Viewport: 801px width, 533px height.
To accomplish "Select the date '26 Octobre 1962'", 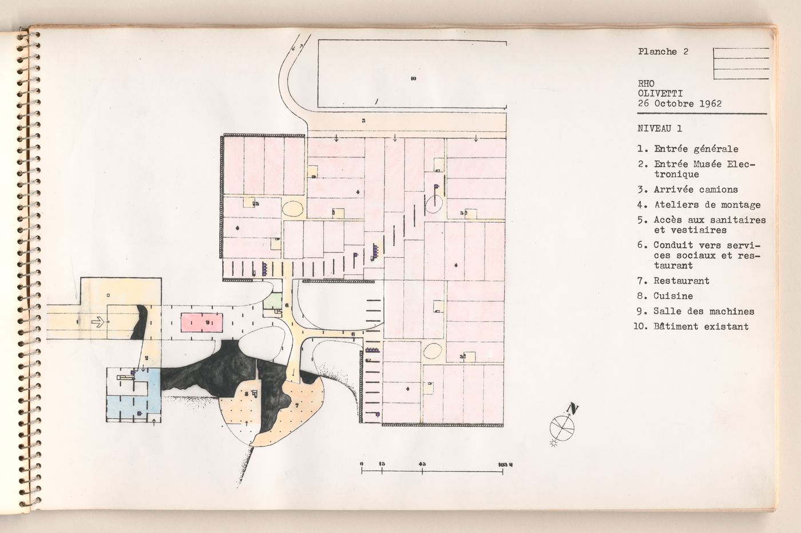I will [679, 104].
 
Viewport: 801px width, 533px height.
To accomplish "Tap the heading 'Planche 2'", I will [663, 52].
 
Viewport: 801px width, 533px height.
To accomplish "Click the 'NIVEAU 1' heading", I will [659, 129].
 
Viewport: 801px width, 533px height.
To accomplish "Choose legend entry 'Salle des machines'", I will [704, 311].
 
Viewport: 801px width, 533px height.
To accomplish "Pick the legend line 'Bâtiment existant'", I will [701, 326].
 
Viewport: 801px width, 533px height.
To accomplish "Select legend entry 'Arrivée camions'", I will [696, 189].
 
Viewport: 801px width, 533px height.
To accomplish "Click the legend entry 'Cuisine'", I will [673, 296].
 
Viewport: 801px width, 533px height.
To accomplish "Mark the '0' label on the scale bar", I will [362, 463].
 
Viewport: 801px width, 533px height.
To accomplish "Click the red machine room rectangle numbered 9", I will [202, 322].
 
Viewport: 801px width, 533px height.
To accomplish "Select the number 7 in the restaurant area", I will [297, 405].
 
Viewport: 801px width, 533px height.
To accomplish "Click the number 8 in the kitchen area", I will [246, 393].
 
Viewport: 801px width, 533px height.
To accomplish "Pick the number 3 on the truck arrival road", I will [363, 121].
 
